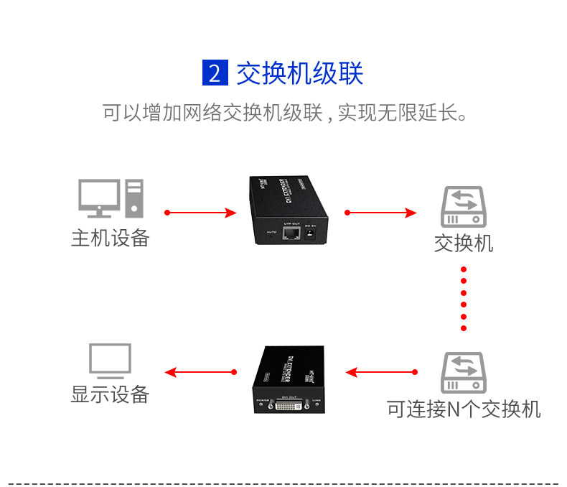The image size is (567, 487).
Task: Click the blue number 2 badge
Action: click(x=215, y=73)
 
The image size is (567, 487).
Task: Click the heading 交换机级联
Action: click(x=300, y=73)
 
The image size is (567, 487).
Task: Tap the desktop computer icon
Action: click(x=111, y=198)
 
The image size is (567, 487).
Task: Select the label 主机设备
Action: click(x=110, y=238)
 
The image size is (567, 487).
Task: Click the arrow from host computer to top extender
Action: click(x=200, y=213)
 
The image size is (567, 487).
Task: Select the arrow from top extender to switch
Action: click(x=380, y=213)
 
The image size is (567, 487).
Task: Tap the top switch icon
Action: click(x=463, y=207)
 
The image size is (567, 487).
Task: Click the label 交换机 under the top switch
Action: click(x=464, y=243)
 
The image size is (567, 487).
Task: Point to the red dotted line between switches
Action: click(x=464, y=298)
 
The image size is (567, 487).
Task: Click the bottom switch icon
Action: click(x=463, y=371)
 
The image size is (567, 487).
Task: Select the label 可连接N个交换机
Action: click(x=464, y=409)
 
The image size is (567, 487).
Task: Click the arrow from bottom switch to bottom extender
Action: click(x=380, y=372)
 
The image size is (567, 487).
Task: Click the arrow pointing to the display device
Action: click(x=200, y=372)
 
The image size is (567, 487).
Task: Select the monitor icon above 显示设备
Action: click(x=110, y=361)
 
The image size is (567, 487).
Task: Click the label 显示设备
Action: click(x=110, y=394)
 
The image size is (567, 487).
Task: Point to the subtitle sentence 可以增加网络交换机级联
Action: click(x=284, y=113)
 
